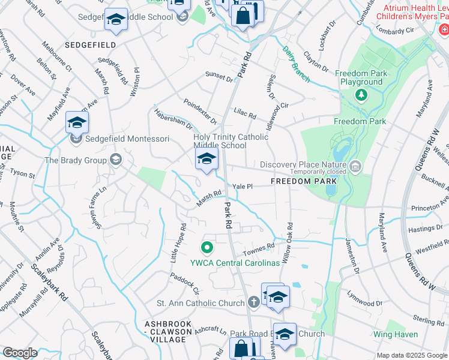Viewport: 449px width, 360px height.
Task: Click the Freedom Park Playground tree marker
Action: coord(361,95)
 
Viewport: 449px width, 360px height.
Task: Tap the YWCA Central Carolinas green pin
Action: coord(206,247)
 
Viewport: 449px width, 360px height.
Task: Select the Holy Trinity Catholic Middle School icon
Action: coord(206,160)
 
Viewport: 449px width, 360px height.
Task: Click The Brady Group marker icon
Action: coord(116,160)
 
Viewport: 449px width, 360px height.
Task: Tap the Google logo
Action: coord(20,352)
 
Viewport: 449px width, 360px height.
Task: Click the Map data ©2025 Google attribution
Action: coord(411,355)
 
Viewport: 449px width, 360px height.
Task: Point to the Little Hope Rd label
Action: coord(183,238)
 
